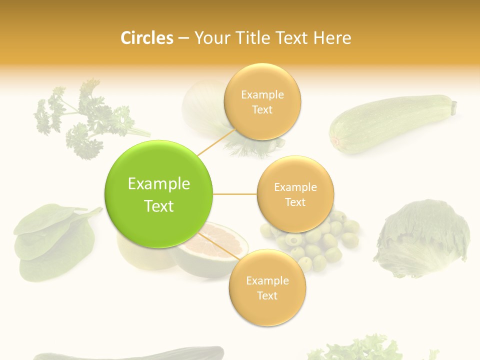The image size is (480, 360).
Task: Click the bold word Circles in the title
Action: [x=146, y=38]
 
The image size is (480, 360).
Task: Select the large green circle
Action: [x=159, y=194]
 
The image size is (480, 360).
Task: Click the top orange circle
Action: [x=262, y=102]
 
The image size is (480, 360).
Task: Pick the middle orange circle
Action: [x=295, y=194]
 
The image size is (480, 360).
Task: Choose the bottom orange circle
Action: [x=267, y=287]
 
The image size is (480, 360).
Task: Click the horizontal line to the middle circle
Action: [x=235, y=194]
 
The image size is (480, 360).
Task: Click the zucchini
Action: [x=390, y=122]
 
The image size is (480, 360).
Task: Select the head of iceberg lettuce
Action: [x=422, y=237]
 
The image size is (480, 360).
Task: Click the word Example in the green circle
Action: [x=159, y=184]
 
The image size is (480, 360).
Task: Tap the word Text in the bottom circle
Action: [x=267, y=295]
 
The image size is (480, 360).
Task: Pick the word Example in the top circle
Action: [x=262, y=94]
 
